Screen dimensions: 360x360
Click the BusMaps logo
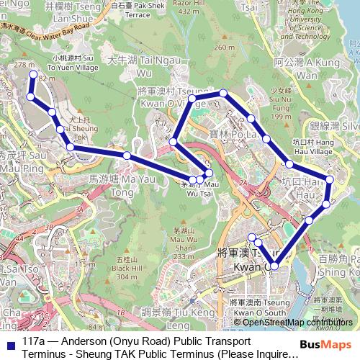[x=328, y=345]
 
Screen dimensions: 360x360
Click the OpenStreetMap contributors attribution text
[x=292, y=322]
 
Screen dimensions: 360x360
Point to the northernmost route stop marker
[x=32, y=74]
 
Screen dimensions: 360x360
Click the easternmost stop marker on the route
[x=330, y=179]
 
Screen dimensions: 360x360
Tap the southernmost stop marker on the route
[x=274, y=266]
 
